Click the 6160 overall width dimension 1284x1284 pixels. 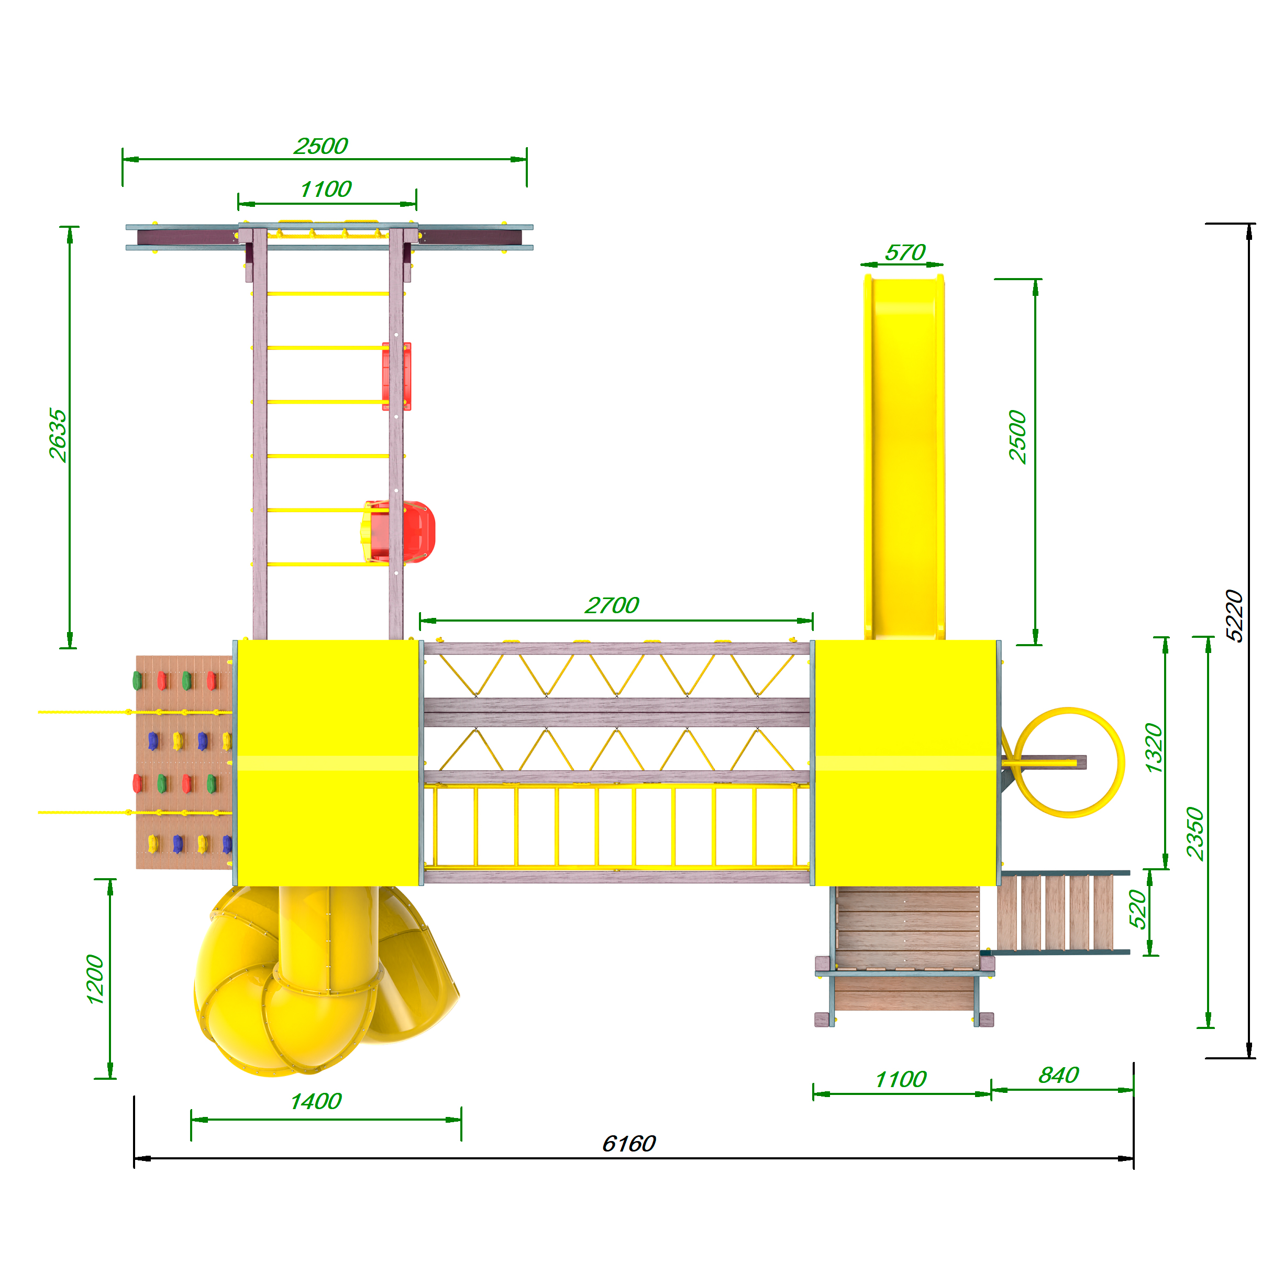pos(629,1144)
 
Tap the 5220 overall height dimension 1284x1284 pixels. pos(1234,616)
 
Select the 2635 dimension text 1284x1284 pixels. pos(58,435)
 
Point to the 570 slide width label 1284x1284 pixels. pos(905,252)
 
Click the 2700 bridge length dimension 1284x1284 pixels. pos(612,605)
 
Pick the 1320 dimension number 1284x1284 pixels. pos(1155,748)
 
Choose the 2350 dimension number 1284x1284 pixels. pos(1195,834)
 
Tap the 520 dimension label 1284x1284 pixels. pos(1138,909)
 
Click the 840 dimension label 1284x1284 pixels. pos(1059,1075)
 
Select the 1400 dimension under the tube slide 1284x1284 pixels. pos(316,1101)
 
